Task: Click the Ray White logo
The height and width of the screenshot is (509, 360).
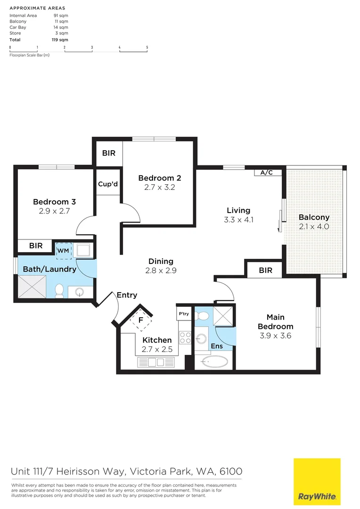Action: (x=317, y=482)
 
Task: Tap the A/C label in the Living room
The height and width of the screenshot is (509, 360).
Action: (x=266, y=173)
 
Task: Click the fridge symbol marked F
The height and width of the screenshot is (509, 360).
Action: (x=140, y=320)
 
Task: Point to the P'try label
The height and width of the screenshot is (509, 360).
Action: (x=184, y=313)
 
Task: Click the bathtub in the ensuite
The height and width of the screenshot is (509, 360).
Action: (x=214, y=362)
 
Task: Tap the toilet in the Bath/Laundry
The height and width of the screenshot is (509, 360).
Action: (x=59, y=290)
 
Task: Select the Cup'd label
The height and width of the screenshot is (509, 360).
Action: (x=108, y=184)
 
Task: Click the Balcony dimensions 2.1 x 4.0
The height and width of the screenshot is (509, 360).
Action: (x=314, y=227)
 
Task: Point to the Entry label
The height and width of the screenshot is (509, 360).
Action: (x=127, y=295)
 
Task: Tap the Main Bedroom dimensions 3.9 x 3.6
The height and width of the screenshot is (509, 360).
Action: (x=275, y=336)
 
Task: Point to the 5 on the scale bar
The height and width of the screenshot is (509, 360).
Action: (x=147, y=47)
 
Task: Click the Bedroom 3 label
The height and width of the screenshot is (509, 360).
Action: (x=54, y=202)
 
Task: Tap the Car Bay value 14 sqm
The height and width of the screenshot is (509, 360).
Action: (x=61, y=27)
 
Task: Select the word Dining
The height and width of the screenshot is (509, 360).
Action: (x=161, y=261)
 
